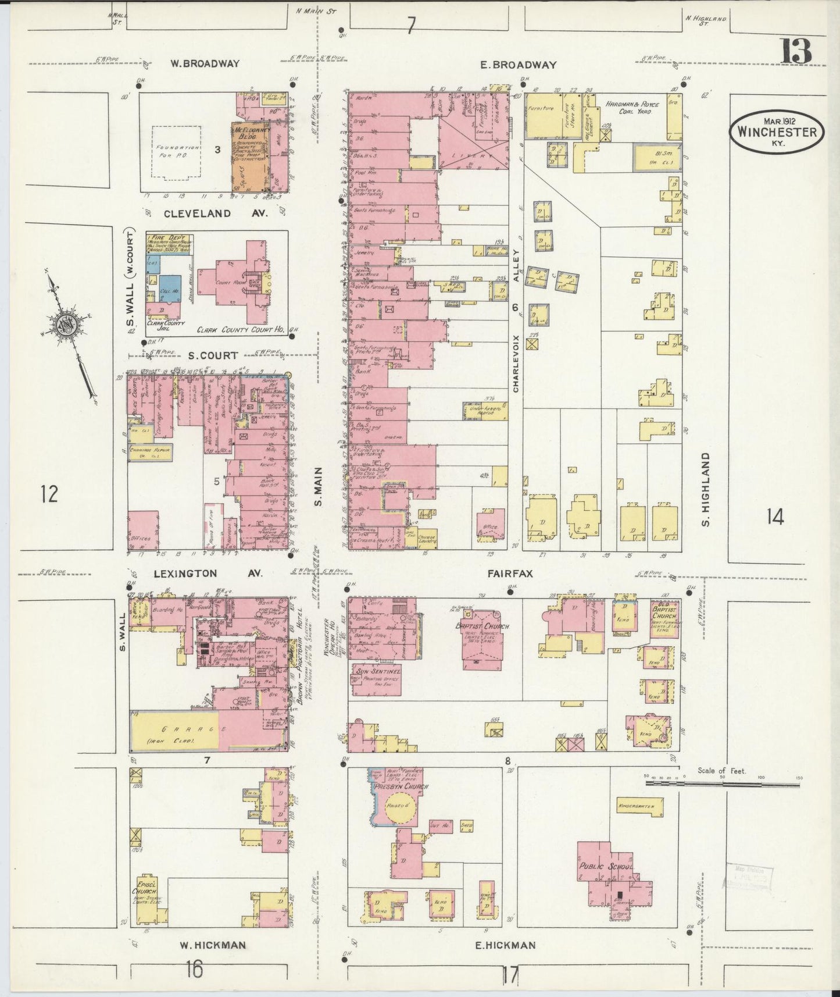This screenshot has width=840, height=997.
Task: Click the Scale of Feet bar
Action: click(x=723, y=784)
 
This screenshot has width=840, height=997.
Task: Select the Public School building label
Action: click(x=605, y=866)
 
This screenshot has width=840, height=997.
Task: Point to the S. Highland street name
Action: click(x=706, y=489)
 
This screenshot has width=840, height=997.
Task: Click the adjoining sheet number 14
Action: click(x=775, y=515)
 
